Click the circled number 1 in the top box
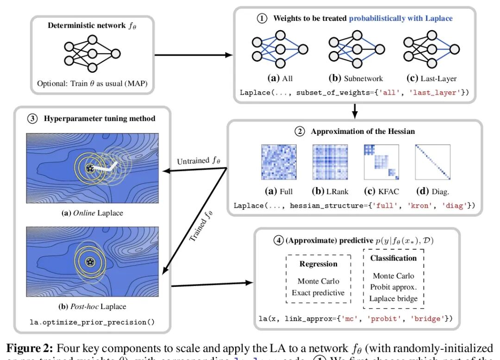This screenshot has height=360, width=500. (262, 19)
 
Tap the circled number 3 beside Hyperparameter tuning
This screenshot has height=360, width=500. (32, 118)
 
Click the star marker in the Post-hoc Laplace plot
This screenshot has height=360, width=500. (90, 262)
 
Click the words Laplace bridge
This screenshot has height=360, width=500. (394, 298)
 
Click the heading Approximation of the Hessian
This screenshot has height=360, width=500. (362, 131)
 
